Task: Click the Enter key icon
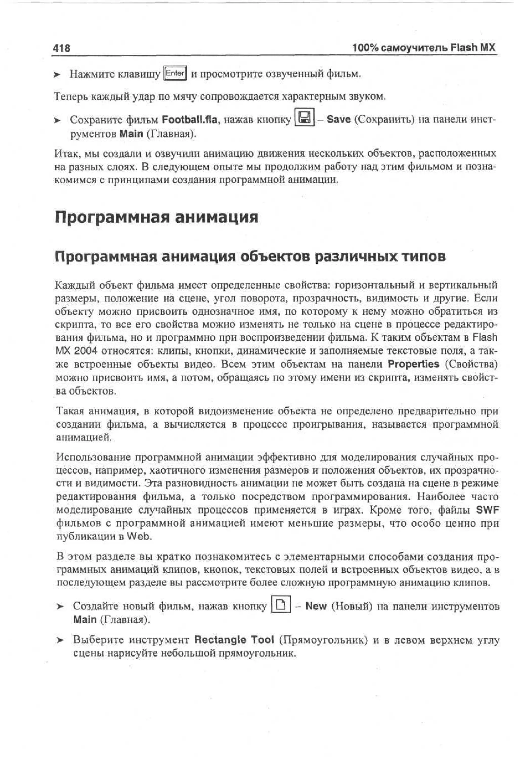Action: (175, 73)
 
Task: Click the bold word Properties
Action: (413, 364)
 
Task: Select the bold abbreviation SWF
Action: (487, 510)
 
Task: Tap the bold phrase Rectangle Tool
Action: (234, 639)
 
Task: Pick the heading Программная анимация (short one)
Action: (156, 217)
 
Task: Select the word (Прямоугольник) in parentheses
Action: (323, 640)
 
